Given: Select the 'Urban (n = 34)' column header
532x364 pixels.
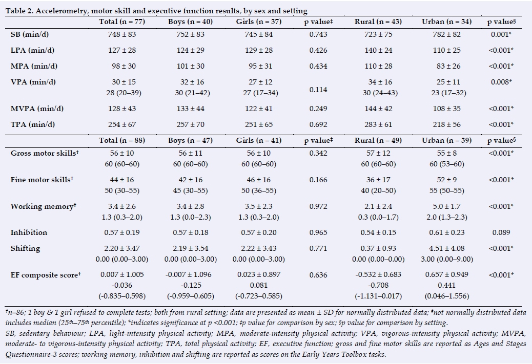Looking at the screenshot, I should tap(444, 22).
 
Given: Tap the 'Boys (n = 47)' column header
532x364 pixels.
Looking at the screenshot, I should tap(190, 139).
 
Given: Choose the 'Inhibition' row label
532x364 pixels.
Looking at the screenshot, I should tap(29, 232).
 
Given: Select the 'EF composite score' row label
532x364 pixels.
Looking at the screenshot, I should tap(45, 275).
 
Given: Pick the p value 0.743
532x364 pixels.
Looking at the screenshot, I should tap(318, 34).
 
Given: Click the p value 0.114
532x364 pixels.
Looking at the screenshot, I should tap(318, 90).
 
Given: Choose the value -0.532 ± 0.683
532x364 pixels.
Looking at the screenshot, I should tap(378, 275).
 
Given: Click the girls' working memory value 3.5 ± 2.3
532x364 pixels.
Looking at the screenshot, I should tap(259, 206).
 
